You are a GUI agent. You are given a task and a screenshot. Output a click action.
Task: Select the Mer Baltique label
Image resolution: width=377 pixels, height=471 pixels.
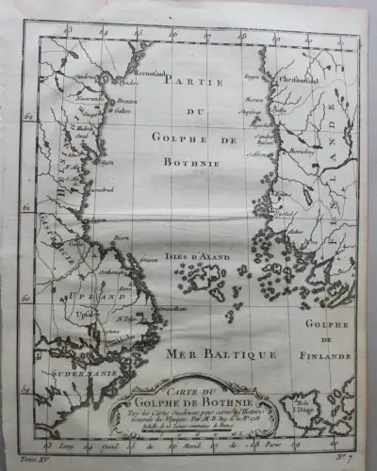[x=208, y=354]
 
